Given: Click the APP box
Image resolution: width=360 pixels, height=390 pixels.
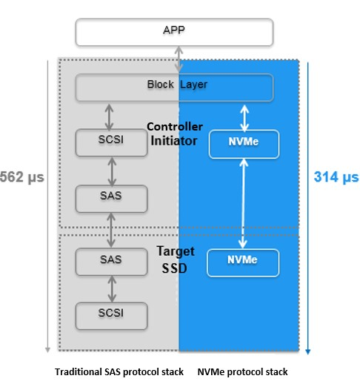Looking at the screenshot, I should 175,31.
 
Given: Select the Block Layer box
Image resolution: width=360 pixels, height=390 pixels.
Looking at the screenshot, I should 175,86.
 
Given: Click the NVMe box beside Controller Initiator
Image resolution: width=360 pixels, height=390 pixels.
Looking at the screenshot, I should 243,144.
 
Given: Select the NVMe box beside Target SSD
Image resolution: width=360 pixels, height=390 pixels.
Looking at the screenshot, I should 243,262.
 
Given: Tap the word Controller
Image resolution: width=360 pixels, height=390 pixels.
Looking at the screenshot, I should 175,126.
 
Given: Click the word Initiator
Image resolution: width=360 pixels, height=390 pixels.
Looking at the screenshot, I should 175,139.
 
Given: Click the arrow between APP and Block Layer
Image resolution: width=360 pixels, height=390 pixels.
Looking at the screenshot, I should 178,58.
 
